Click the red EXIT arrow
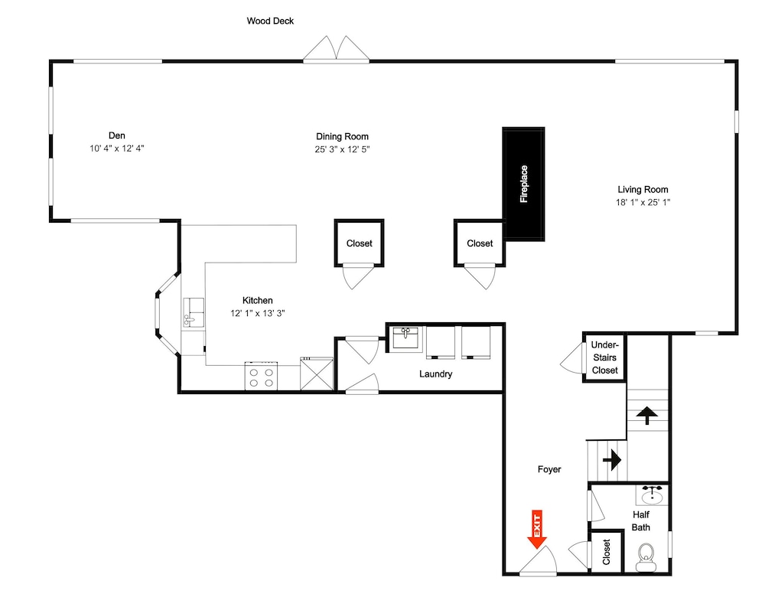537,530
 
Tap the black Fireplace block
523,184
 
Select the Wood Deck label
270,21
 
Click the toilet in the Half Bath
646,557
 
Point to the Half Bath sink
651,495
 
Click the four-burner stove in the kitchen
261,376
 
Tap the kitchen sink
194,312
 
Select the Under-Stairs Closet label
604,357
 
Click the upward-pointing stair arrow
647,415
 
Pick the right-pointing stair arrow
612,460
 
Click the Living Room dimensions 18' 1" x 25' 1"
643,202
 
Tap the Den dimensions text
116,148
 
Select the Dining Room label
342,137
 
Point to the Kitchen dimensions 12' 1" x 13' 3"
258,313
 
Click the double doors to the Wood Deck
336,50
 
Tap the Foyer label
549,469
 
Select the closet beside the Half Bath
607,551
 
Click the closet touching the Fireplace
480,243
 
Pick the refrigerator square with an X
317,374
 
